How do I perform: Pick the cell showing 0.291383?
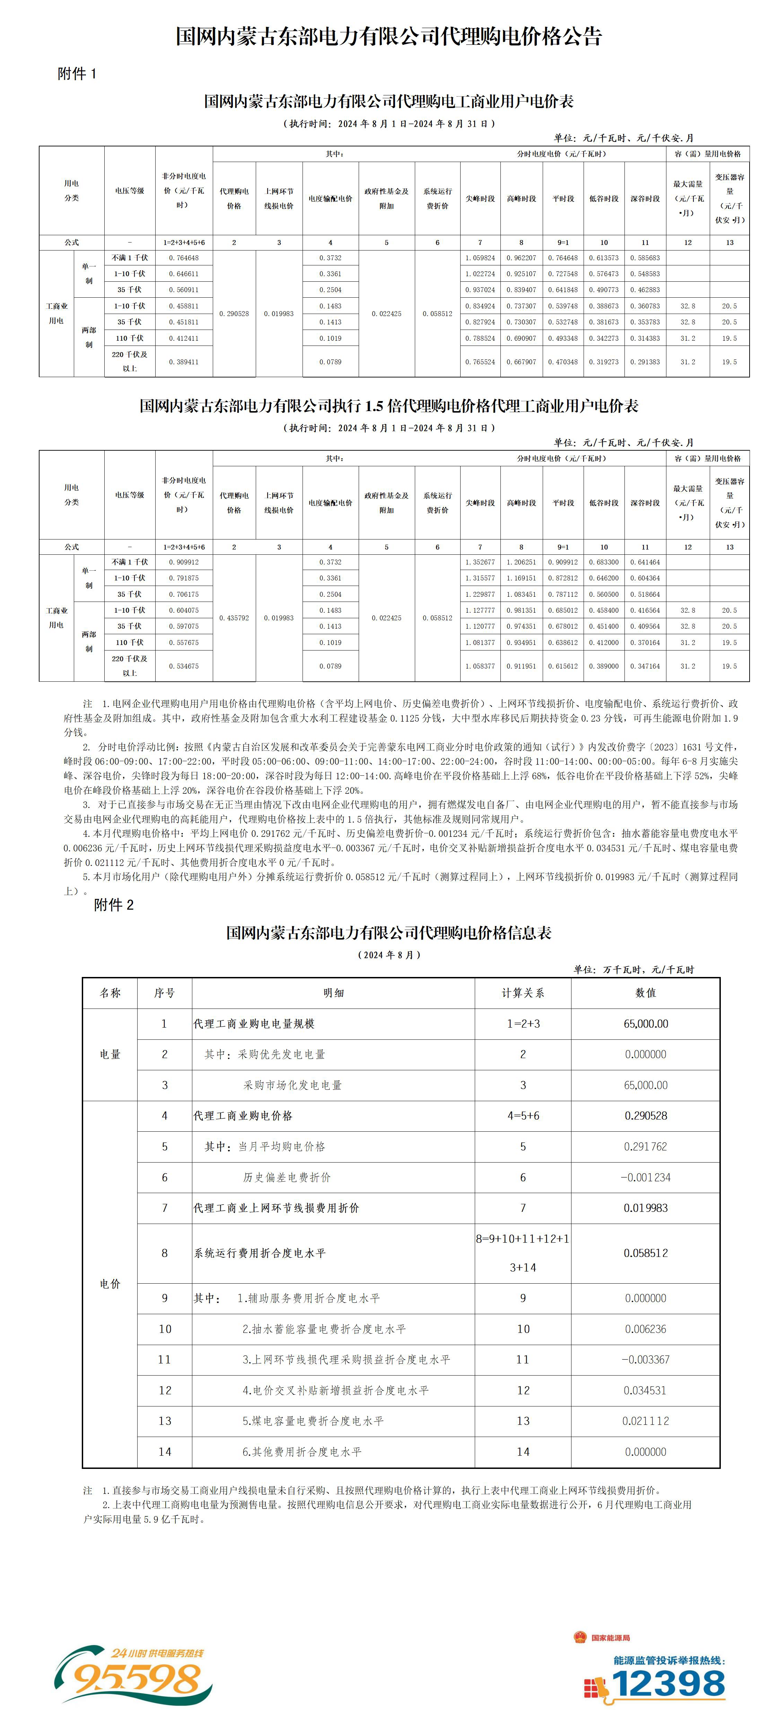(x=645, y=362)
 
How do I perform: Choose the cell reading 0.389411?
(x=184, y=362)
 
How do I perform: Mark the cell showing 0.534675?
(x=184, y=666)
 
